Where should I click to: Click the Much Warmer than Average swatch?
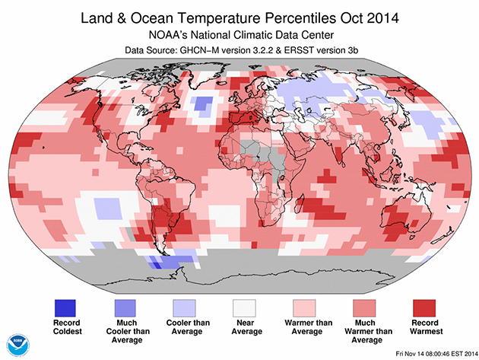359,309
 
